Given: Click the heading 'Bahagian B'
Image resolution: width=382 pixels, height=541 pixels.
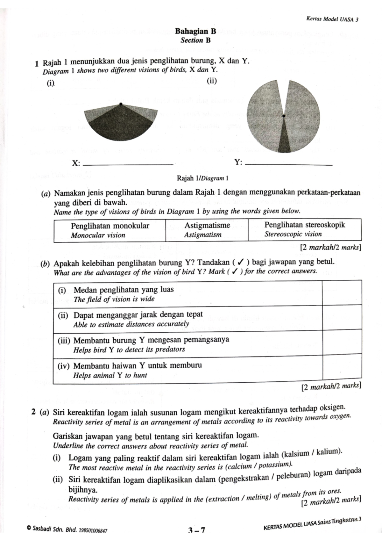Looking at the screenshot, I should pos(196,31).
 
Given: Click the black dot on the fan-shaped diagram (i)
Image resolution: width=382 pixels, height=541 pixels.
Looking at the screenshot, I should pos(121,104).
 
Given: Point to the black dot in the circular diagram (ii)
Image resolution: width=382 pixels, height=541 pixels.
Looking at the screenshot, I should pos(284,116).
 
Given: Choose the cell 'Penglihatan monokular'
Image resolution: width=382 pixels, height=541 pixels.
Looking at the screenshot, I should pos(110,230).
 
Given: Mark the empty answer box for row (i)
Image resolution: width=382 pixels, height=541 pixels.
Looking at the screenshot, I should pos(342,292).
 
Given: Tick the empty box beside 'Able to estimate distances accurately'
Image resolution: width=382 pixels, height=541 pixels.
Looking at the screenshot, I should pos(342,317).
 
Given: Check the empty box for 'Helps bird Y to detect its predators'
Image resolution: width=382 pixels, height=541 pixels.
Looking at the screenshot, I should pos(342,342).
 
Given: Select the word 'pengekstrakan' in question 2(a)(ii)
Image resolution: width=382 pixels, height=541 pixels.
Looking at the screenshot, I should pos(244,477).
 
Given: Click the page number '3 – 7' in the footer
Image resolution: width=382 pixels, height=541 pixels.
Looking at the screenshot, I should pos(196,530).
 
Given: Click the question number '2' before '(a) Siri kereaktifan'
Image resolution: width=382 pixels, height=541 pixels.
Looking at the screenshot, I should pos(34,412).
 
